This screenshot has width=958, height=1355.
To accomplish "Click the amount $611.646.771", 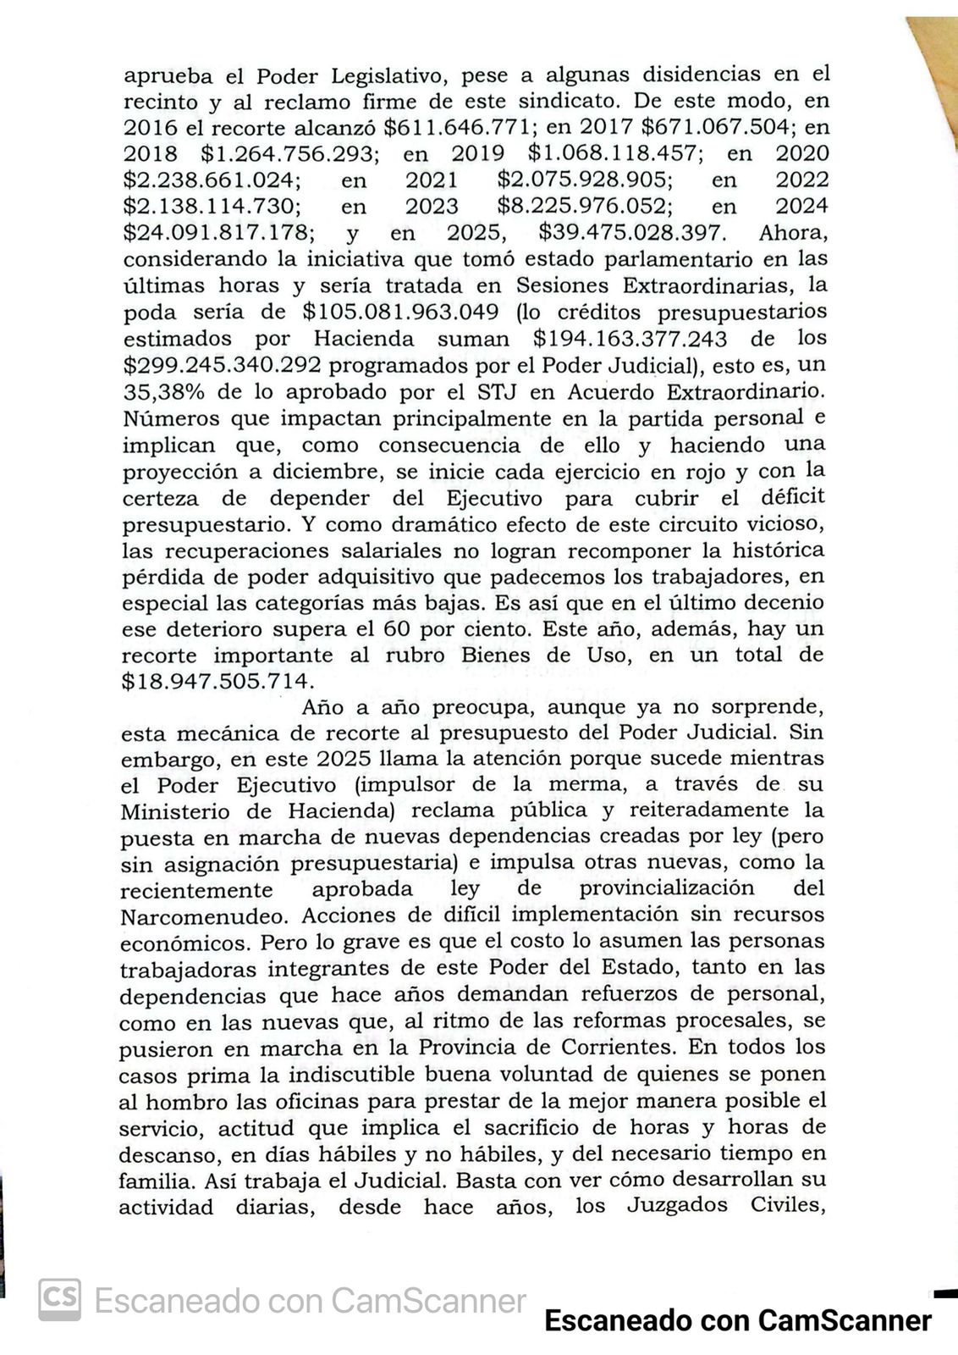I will (x=458, y=128).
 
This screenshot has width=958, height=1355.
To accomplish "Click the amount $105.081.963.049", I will (x=400, y=312).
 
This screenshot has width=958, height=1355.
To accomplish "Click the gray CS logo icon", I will (x=59, y=1299).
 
